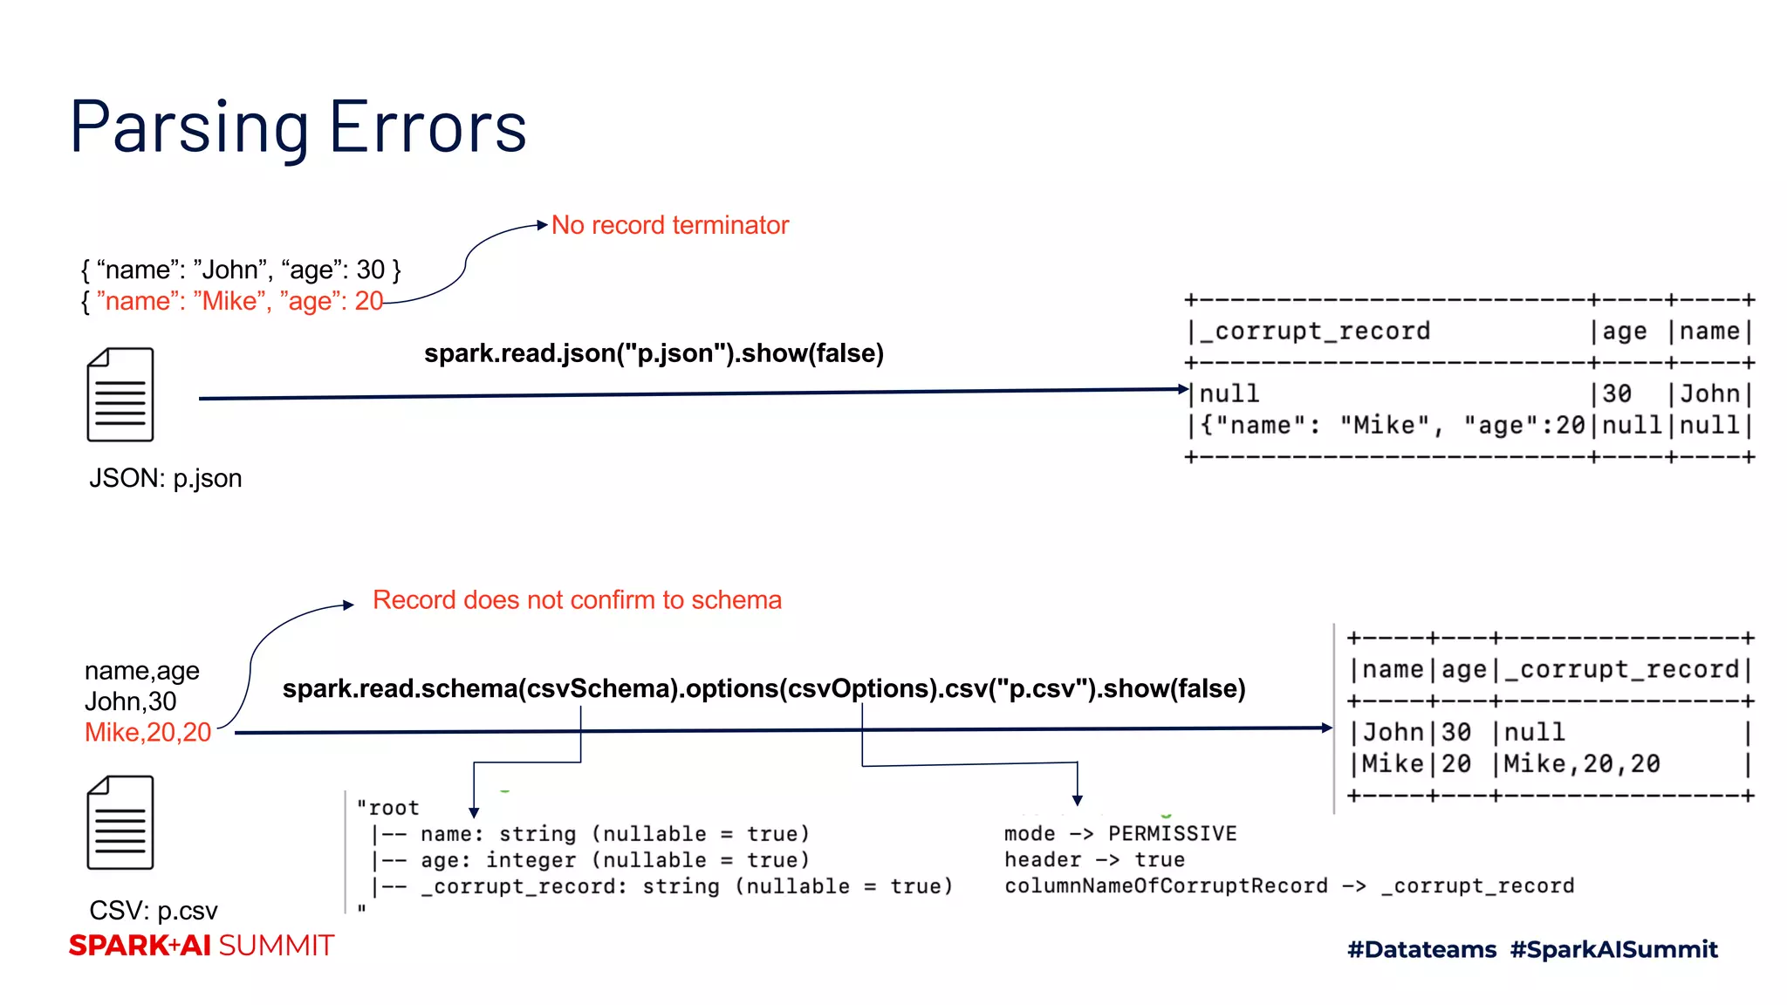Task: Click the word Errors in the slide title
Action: tap(428, 127)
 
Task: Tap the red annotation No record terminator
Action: tap(670, 225)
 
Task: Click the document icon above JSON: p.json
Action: tap(120, 394)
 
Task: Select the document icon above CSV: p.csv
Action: tap(120, 822)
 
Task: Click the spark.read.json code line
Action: tap(654, 353)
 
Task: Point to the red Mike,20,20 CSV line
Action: tap(147, 732)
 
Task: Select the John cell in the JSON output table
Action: tap(1709, 393)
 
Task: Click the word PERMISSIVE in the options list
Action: tap(1172, 834)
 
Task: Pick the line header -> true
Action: tap(1094, 860)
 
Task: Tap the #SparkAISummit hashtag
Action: tap(1613, 949)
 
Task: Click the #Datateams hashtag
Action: tap(1421, 949)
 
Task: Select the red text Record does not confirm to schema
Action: tap(577, 600)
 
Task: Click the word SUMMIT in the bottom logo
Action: tap(277, 946)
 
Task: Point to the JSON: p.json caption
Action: tap(165, 478)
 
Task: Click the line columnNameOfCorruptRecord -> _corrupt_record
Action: tap(1289, 886)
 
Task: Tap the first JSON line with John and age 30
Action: tap(241, 270)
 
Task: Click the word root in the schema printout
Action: tap(394, 808)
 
